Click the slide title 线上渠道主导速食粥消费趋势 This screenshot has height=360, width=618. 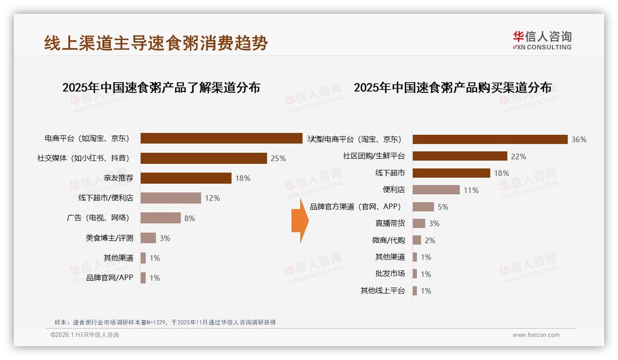tap(156, 43)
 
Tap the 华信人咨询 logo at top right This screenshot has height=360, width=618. tap(542, 40)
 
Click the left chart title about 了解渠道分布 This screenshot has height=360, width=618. tap(161, 87)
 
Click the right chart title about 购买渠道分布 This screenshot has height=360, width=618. tap(452, 87)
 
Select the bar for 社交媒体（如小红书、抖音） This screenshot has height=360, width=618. tap(203, 158)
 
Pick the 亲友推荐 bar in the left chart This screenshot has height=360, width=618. tap(186, 178)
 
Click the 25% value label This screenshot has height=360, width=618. tap(278, 158)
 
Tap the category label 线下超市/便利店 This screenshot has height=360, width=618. tap(106, 198)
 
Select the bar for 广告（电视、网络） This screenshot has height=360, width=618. tap(160, 218)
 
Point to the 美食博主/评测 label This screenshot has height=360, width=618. tap(109, 238)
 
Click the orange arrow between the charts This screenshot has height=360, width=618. tap(300, 221)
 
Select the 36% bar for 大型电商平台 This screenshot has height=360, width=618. tap(490, 139)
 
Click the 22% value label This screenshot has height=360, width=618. tap(518, 156)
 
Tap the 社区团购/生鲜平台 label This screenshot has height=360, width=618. tap(374, 156)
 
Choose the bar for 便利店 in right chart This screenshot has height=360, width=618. tap(436, 190)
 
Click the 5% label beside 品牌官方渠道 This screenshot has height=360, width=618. tap(443, 207)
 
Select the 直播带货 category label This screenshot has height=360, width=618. tap(390, 223)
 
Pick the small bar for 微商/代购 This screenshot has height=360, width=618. tap(416, 240)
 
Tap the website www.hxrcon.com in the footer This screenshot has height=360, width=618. tap(535, 335)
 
